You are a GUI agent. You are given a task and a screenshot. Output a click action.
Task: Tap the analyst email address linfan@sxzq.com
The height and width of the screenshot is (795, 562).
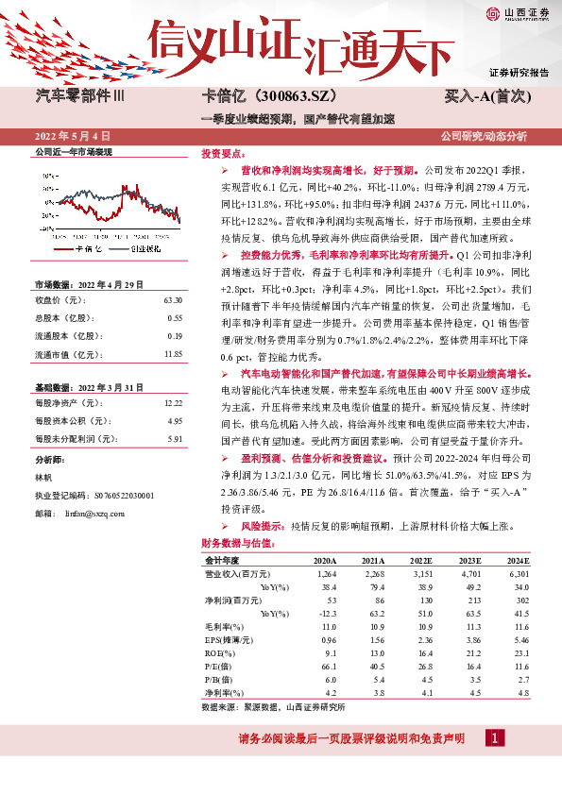pyautogui.click(x=95, y=512)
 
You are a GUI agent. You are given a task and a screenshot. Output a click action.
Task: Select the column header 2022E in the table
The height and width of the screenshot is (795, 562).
pyautogui.click(x=420, y=561)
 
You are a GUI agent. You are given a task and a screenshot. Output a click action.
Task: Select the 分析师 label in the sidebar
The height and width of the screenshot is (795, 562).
pyautogui.click(x=48, y=460)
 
